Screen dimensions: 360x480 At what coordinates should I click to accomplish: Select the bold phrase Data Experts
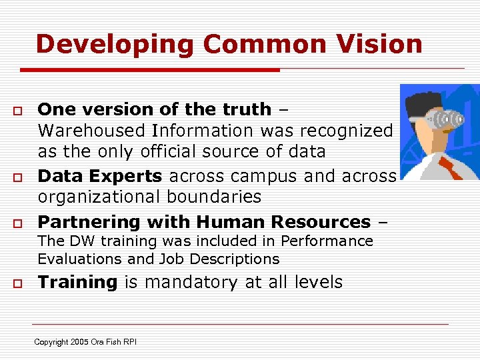point(100,176)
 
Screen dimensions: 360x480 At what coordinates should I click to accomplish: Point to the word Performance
point(326,241)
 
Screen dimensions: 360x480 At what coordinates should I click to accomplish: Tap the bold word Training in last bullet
point(77,282)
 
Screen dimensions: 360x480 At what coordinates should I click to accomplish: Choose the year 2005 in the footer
point(79,342)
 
